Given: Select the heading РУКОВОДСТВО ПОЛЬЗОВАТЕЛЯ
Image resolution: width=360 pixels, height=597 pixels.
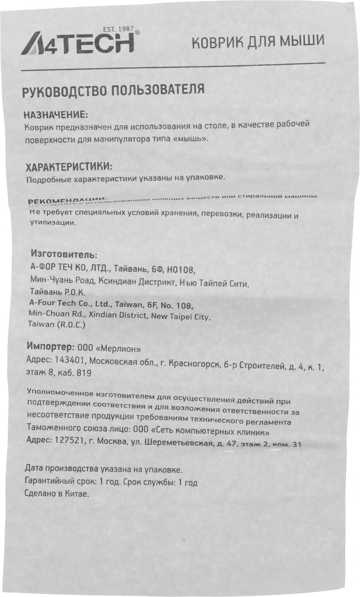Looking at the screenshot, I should (113, 90).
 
